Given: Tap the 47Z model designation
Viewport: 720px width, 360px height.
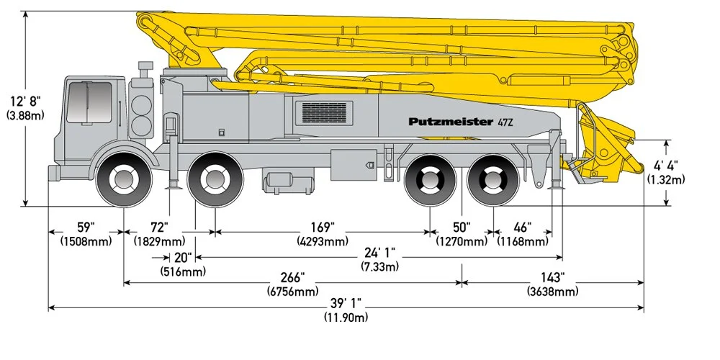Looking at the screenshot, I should [506, 122].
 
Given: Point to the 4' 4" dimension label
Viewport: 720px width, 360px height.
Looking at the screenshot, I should [666, 166].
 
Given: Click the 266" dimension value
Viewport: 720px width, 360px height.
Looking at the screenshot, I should [292, 278].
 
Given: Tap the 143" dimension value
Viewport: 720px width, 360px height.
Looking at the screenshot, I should [552, 278].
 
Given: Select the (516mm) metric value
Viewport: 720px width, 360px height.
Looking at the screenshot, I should [183, 271].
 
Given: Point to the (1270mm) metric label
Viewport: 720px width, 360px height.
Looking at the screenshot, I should [462, 241].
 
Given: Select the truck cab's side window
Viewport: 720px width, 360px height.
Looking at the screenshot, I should [89, 102].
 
